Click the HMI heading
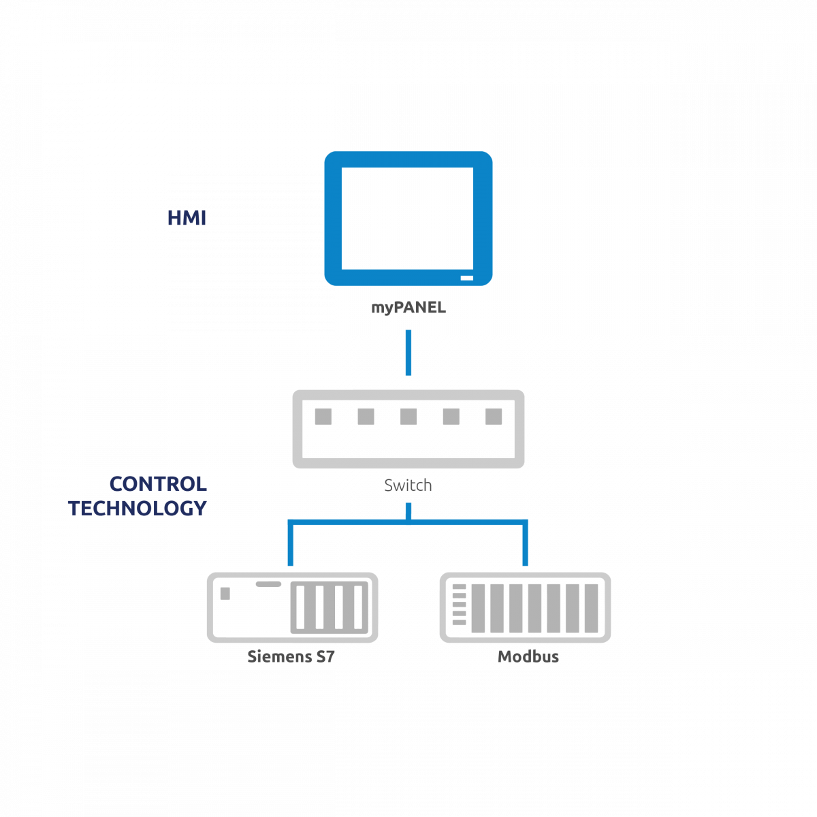click(187, 217)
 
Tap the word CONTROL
click(158, 484)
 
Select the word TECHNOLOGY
click(138, 508)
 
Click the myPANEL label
click(408, 307)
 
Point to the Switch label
click(408, 485)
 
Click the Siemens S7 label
click(291, 656)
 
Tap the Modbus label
click(528, 656)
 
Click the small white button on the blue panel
click(466, 278)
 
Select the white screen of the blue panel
click(407, 219)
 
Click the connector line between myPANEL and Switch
click(408, 352)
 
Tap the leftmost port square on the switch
click(323, 417)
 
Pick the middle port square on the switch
click(408, 417)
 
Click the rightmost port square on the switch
click(494, 417)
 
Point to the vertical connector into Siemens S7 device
click(291, 543)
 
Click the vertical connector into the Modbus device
click(525, 543)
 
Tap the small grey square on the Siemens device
click(225, 594)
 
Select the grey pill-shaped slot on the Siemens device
click(268, 584)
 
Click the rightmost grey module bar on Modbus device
click(591, 609)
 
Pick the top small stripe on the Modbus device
click(459, 587)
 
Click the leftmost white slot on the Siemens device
click(300, 607)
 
